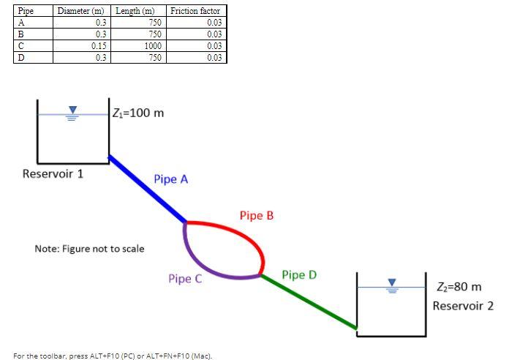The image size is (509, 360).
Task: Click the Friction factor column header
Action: (195, 11)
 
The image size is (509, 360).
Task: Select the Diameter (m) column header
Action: (80, 11)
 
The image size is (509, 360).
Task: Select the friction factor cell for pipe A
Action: (195, 23)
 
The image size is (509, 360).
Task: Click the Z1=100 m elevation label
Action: (139, 113)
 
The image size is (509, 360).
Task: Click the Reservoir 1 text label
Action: (53, 174)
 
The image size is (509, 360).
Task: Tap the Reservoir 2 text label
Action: (463, 305)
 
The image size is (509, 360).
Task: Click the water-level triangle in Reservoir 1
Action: (72, 111)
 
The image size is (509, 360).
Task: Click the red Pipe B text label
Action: (256, 216)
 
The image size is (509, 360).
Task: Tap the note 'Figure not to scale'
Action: (89, 249)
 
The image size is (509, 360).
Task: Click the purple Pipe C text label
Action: (185, 279)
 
